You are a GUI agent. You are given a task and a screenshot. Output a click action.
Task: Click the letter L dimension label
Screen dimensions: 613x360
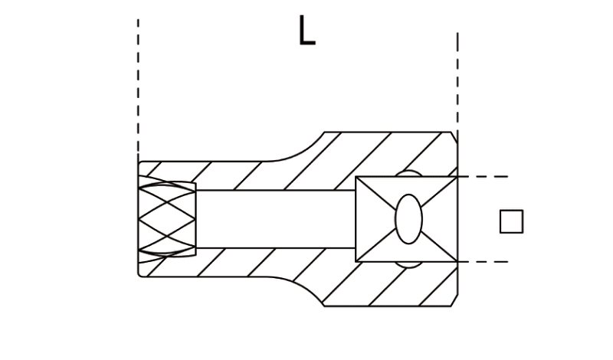(x=307, y=31)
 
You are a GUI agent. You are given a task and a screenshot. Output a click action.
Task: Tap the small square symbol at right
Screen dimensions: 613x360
(x=511, y=221)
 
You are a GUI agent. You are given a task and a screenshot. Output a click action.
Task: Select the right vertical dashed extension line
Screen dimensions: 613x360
(x=457, y=82)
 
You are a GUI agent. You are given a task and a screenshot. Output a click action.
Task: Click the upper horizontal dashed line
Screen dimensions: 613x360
(x=484, y=177)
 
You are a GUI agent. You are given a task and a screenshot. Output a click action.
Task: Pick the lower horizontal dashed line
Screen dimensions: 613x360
(x=484, y=261)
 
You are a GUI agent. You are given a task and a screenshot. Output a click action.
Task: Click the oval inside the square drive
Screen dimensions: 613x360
(x=408, y=219)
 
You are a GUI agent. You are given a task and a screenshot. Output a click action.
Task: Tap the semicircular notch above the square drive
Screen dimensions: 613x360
(x=408, y=174)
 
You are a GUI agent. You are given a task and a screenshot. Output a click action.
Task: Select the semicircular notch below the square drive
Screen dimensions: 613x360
(x=408, y=264)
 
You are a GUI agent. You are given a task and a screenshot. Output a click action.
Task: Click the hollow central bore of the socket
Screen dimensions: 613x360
(x=276, y=219)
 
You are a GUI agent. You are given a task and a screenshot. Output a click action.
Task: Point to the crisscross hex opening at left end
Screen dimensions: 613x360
(x=167, y=219)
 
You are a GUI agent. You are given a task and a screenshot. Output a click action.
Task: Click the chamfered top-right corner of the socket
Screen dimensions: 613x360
(x=454, y=137)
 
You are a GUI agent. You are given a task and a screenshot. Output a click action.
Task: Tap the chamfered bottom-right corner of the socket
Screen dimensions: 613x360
(x=454, y=300)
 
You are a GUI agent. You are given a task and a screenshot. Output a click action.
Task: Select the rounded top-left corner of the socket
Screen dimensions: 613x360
(x=140, y=163)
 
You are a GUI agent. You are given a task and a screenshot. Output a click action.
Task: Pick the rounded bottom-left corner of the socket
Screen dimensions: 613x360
(x=140, y=274)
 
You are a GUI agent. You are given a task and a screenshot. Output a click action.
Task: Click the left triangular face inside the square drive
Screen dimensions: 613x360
(x=372, y=219)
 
